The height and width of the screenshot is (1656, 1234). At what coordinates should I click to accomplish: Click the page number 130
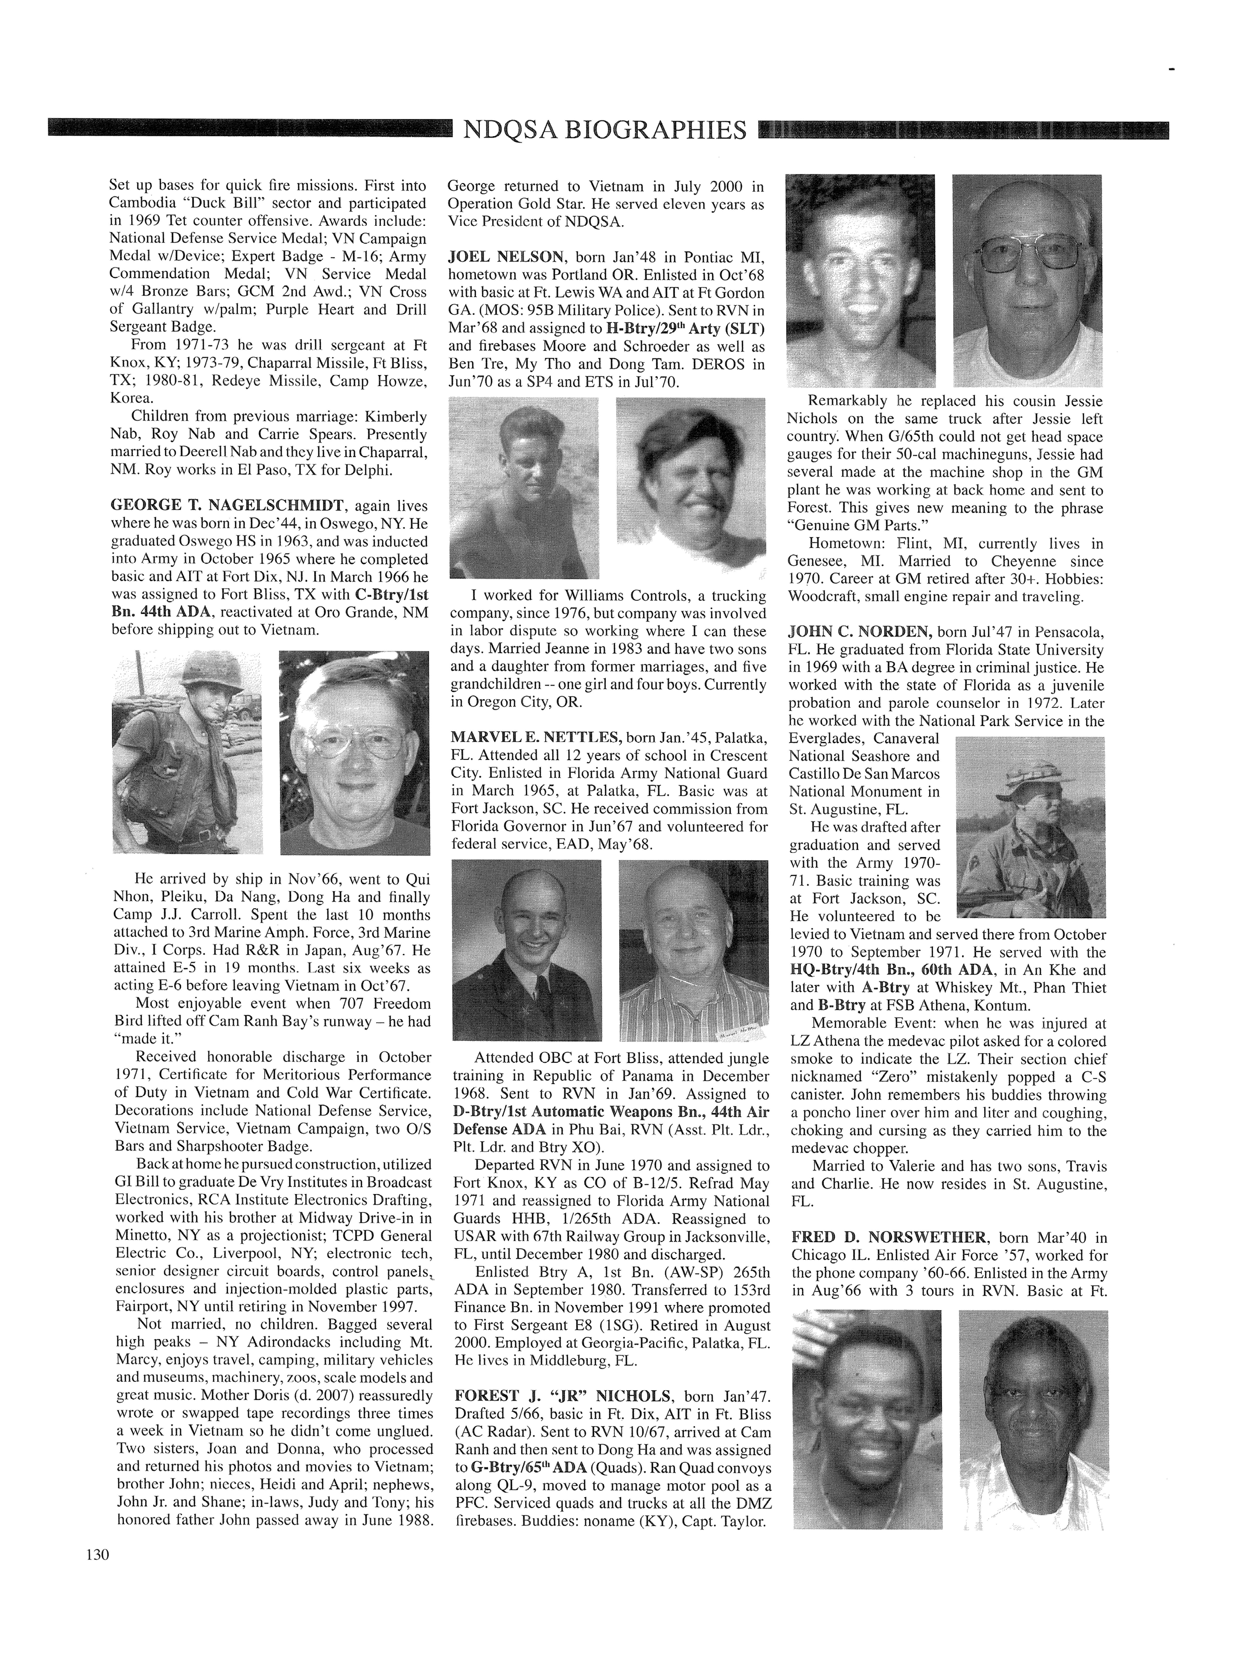98,1555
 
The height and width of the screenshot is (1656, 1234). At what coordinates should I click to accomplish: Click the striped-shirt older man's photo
693,950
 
